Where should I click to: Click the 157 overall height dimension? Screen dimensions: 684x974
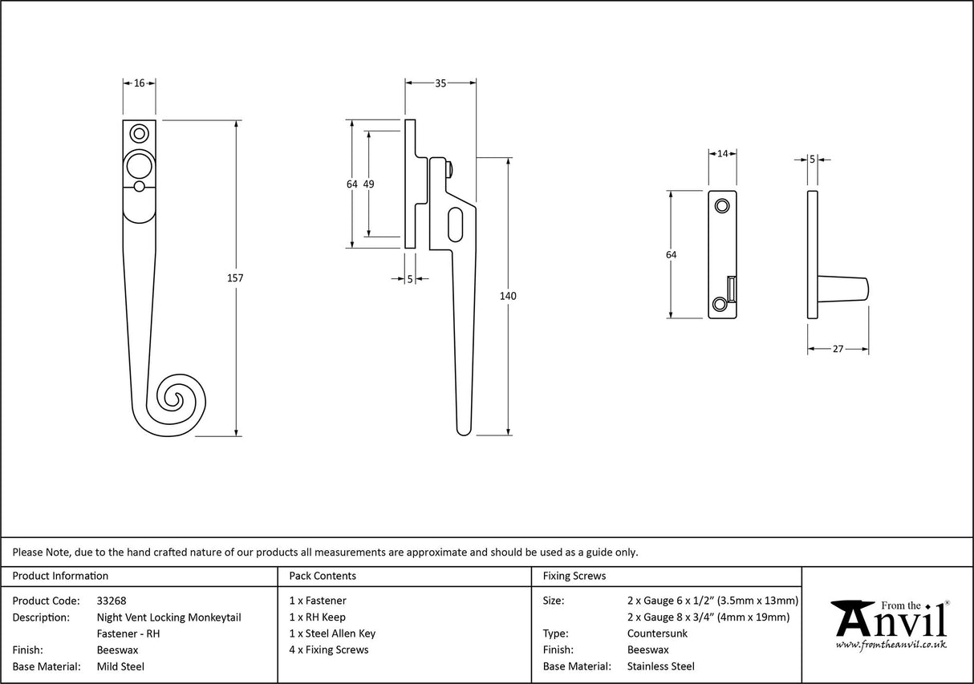[x=235, y=278]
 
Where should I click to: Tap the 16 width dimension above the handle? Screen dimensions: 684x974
[x=140, y=83]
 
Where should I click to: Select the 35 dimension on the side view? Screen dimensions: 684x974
[x=440, y=83]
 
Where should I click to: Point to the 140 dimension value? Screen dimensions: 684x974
[x=508, y=296]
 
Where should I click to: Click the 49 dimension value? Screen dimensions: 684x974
[x=369, y=184]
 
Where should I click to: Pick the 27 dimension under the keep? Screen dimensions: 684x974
[x=838, y=349]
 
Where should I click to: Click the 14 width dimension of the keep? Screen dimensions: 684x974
[x=722, y=154]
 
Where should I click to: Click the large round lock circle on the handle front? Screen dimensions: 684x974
[x=139, y=166]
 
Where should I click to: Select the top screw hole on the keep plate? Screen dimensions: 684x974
[x=722, y=205]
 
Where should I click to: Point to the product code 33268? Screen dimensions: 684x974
[x=112, y=601]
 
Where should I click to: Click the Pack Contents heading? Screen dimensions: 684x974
[x=323, y=576]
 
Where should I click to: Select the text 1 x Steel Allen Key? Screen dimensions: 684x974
[x=332, y=633]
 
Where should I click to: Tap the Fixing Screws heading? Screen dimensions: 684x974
[x=574, y=576]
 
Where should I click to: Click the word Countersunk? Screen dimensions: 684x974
[x=657, y=633]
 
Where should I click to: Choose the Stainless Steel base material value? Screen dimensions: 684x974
[x=660, y=666]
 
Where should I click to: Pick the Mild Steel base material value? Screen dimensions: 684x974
[x=120, y=666]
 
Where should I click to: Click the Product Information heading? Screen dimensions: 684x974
[x=60, y=576]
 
